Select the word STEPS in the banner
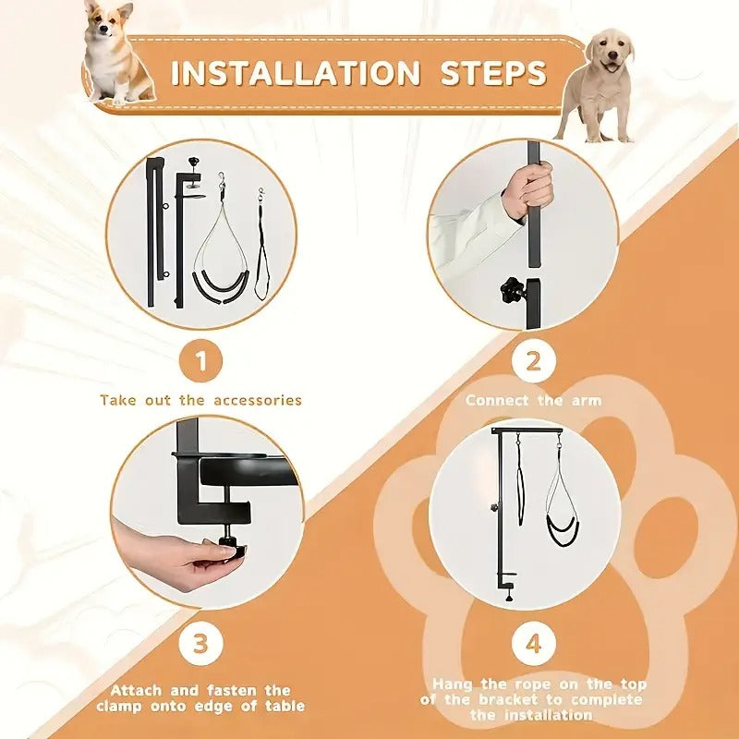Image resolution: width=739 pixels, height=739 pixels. coord(493,73)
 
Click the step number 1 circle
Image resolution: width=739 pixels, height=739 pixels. coord(200,361)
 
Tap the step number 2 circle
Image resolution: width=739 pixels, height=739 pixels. coord(533,361)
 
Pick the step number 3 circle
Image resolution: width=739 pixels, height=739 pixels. coord(200,643)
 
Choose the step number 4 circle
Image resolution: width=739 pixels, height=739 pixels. coord(533,643)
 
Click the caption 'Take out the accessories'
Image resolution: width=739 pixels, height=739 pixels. coord(200,400)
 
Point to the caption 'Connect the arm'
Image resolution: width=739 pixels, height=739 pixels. coord(533,400)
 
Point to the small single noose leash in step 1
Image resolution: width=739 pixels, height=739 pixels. coord(262,249)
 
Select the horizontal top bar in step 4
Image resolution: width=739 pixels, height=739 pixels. coord(532,430)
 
